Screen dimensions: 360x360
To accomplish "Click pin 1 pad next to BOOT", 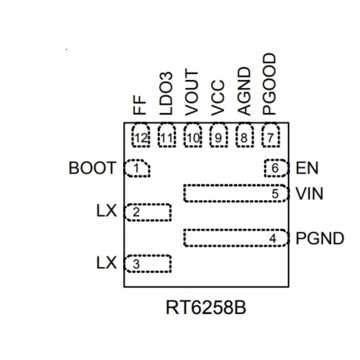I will [138, 168].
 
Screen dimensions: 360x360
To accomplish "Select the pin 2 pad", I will [149, 212].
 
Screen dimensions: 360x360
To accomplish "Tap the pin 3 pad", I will [149, 264].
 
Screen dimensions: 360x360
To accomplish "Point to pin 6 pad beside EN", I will [274, 168].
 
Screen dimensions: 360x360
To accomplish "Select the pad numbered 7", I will [270, 136].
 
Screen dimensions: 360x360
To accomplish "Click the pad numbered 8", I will [244, 136].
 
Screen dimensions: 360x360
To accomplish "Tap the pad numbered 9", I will [218, 136].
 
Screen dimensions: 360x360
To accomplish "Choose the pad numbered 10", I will [192, 136].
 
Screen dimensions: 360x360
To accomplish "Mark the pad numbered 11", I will [166, 136].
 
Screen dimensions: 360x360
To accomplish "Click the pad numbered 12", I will [140, 136].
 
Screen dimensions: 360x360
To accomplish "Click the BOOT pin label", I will [92, 169].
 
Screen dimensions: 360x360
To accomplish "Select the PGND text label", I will [319, 238].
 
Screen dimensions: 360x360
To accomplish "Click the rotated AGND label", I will [244, 91].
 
